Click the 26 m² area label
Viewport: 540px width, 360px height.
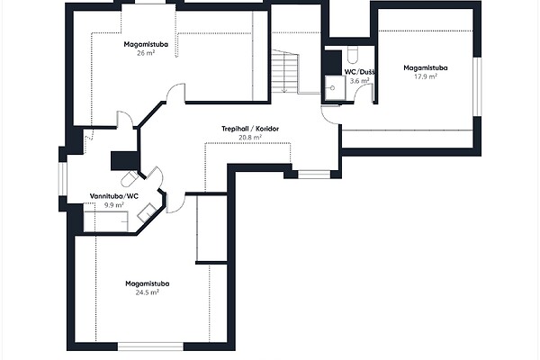point(145,53)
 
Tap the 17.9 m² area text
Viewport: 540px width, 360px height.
point(426,76)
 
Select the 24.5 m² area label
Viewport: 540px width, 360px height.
point(147,292)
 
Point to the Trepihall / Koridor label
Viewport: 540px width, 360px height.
point(250,129)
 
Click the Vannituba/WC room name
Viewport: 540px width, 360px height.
point(114,196)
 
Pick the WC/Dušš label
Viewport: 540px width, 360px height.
point(359,72)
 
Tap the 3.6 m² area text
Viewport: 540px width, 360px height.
point(359,81)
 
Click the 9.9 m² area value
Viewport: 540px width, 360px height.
point(114,205)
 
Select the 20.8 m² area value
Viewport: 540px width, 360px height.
point(250,138)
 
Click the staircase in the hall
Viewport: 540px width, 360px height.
point(284,71)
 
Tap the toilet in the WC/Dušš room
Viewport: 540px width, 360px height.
point(352,55)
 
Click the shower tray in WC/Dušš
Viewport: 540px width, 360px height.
point(335,88)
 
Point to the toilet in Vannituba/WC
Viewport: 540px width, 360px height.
point(130,178)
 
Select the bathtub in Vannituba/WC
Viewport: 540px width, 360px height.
point(106,221)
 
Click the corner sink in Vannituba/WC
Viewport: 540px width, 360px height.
point(147,212)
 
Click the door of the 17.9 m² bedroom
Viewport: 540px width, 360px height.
point(329,115)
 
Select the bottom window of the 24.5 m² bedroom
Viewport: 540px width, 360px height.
point(150,346)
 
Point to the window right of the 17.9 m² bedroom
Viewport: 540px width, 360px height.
point(477,86)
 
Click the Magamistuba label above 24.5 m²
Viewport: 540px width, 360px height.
point(147,283)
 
